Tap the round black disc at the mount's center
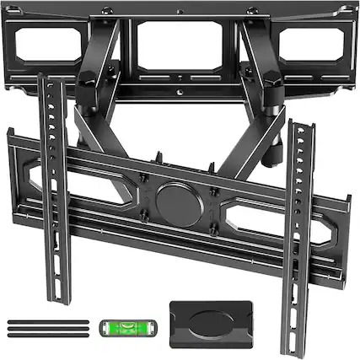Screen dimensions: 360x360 click(179, 205)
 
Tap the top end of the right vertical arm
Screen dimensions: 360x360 click(298, 124)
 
